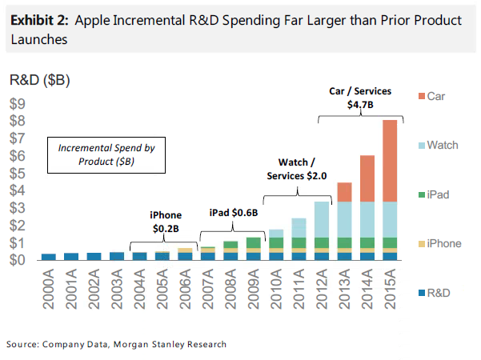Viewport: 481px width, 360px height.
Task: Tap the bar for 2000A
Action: (49, 257)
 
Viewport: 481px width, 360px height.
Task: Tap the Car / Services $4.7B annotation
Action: (362, 98)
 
